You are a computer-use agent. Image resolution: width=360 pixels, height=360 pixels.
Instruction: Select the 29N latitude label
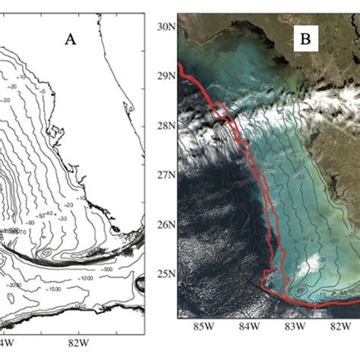pyautogui.click(x=166, y=76)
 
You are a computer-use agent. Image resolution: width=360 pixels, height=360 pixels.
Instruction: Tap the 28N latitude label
pyautogui.click(x=166, y=127)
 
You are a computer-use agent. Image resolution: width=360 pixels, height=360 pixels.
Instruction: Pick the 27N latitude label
pyautogui.click(x=166, y=174)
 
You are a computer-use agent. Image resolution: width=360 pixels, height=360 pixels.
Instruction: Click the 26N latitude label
pyautogui.click(x=166, y=226)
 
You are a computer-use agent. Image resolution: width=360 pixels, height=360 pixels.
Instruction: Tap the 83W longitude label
pyautogui.click(x=293, y=327)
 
